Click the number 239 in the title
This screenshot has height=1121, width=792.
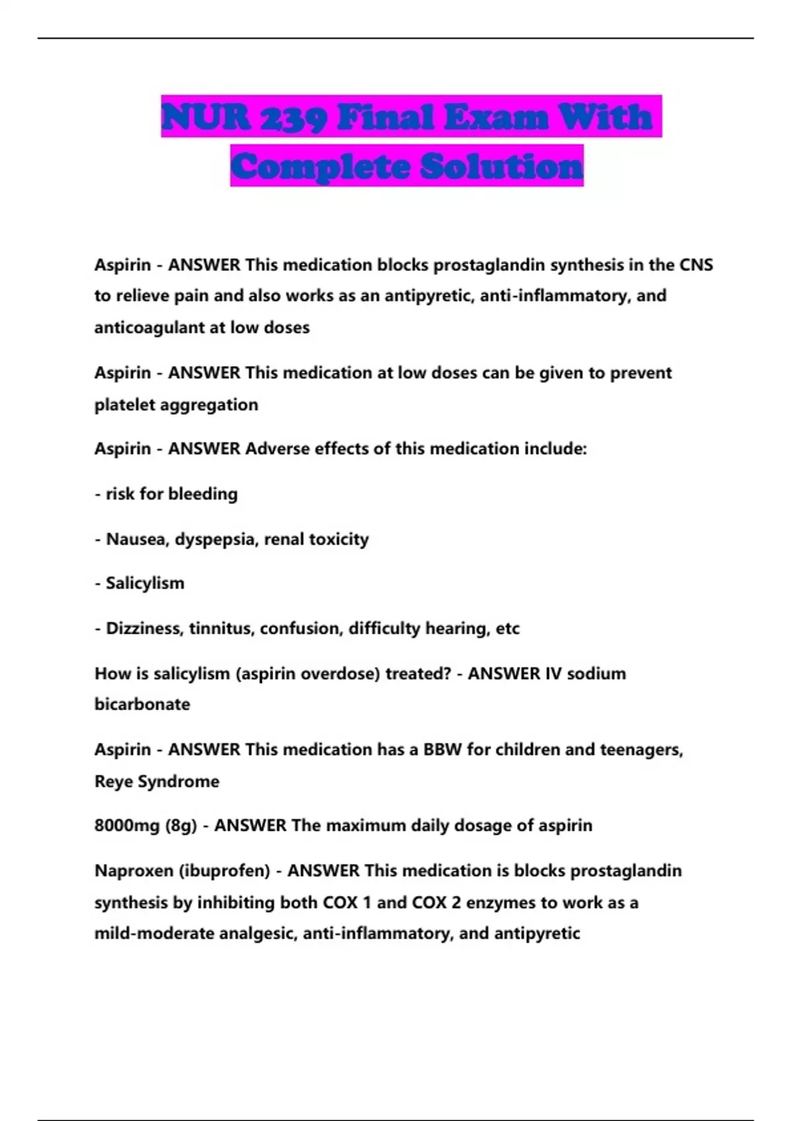(292, 117)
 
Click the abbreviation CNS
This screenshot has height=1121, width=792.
(696, 265)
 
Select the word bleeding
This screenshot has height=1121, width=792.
(204, 494)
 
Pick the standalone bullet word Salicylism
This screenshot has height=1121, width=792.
(145, 584)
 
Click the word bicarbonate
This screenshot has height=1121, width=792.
(142, 704)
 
